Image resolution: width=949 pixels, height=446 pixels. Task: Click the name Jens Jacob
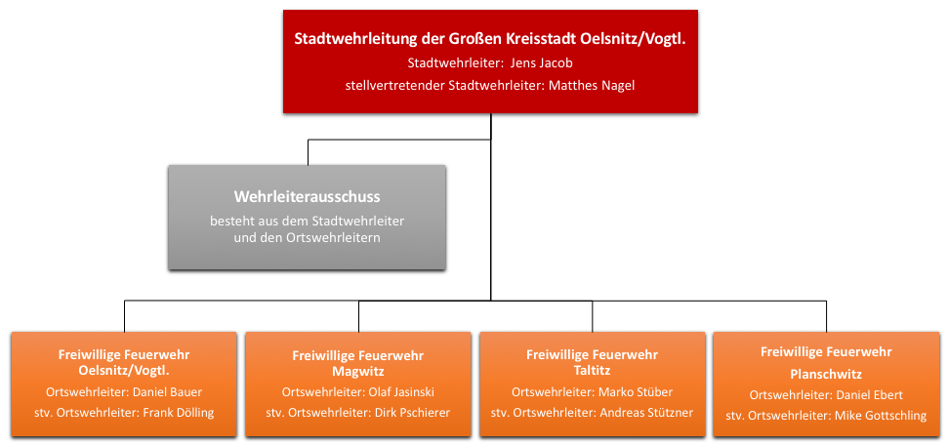click(x=542, y=62)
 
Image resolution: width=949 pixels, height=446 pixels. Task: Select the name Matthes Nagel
click(x=592, y=85)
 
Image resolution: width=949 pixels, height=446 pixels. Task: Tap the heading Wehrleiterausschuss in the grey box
click(x=307, y=197)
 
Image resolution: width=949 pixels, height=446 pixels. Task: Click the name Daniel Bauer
click(x=167, y=391)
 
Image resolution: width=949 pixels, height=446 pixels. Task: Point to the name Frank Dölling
click(x=178, y=413)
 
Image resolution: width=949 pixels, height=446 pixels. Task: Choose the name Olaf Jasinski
click(x=401, y=391)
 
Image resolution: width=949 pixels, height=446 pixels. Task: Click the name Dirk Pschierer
click(x=412, y=413)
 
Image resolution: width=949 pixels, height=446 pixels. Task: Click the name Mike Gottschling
click(x=881, y=416)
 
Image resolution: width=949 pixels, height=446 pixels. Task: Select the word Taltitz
click(x=592, y=369)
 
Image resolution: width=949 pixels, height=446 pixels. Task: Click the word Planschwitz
click(x=826, y=374)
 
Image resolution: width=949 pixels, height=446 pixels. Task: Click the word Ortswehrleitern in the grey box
click(x=339, y=238)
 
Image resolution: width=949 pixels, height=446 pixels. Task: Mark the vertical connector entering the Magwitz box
click(x=359, y=316)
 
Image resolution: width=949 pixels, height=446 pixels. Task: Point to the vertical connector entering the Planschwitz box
click(x=826, y=316)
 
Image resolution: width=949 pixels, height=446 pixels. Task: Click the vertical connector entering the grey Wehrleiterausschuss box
click(x=309, y=152)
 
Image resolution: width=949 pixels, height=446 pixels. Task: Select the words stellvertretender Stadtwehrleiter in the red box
click(x=444, y=85)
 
